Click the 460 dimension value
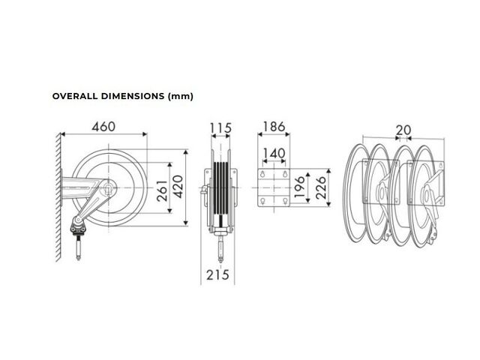103,127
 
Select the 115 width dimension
220,128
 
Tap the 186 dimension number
274,127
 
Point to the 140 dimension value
274,153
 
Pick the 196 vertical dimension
299,187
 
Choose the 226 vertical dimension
320,188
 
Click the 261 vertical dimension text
162,190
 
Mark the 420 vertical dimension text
178,187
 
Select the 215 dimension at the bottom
217,274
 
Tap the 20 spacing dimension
403,130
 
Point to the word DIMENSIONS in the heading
133,96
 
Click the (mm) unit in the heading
181,97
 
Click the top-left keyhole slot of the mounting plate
262,174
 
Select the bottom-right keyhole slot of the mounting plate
285,201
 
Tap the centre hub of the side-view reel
108,187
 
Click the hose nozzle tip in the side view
78,259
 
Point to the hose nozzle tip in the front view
220,260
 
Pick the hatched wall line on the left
59,196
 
